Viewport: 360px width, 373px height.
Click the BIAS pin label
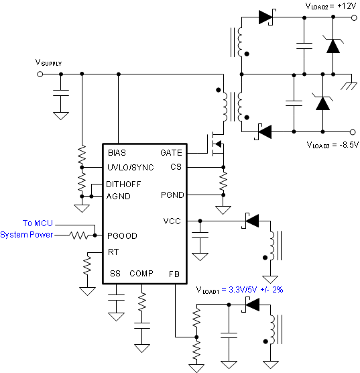[117, 153]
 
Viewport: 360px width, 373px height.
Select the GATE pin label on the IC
[171, 153]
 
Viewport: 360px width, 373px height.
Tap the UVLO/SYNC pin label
[131, 168]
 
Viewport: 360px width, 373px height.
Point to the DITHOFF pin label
[123, 184]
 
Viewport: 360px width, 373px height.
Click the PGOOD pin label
[122, 235]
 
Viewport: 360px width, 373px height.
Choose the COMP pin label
[141, 274]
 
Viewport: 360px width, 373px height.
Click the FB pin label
[174, 274]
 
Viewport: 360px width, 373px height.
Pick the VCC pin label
[172, 221]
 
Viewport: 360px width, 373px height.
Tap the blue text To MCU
[38, 223]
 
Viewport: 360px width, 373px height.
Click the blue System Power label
[27, 235]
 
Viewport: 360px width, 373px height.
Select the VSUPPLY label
[48, 62]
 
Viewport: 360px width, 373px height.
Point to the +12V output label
[347, 6]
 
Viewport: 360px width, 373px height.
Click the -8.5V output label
[349, 145]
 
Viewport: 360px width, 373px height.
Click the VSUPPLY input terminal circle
[40, 74]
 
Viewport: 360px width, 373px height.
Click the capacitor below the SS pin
[116, 298]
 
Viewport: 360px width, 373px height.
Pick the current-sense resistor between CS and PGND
[223, 181]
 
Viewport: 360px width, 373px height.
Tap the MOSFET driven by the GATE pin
[217, 144]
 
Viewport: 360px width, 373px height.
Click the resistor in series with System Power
[78, 235]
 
